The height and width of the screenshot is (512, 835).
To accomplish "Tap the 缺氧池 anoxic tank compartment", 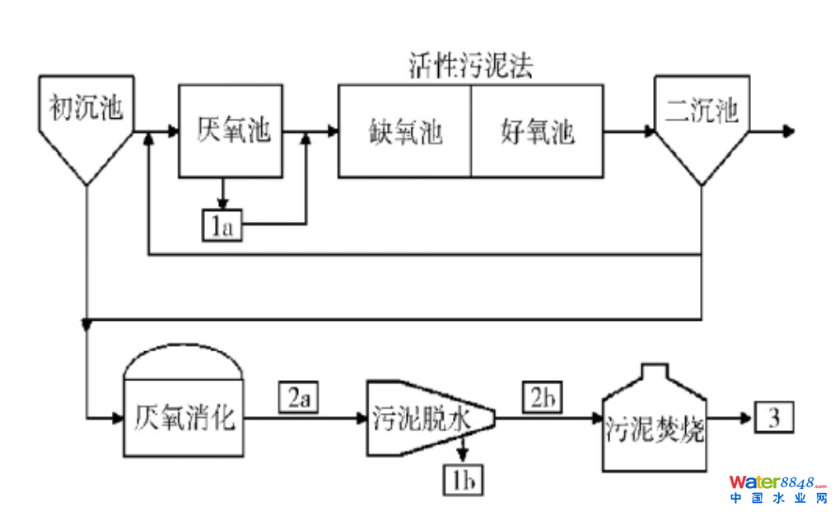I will tap(404, 131).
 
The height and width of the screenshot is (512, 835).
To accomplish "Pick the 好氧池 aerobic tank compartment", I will tap(537, 131).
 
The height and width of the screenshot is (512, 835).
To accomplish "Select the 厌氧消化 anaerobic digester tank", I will tap(184, 417).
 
